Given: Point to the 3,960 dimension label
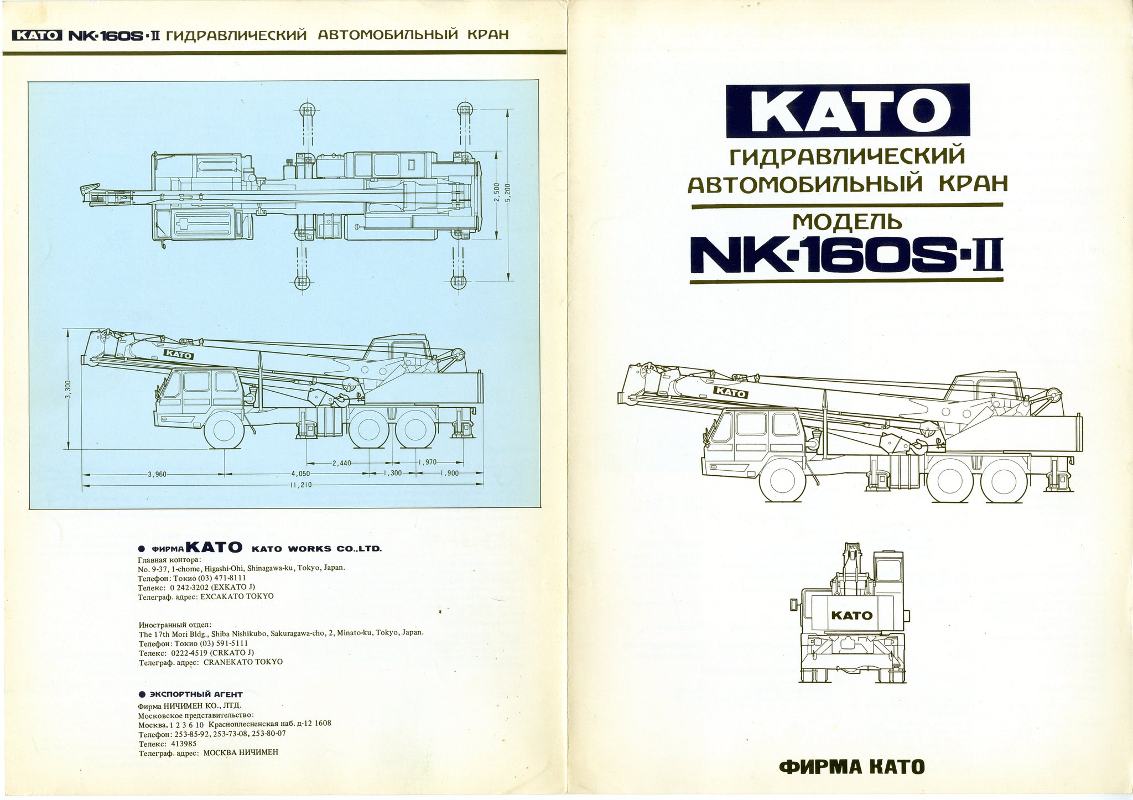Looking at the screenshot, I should (158, 474).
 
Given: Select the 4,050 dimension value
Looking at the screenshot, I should (300, 474).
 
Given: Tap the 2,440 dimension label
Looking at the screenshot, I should (341, 463).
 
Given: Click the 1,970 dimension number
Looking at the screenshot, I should (427, 462).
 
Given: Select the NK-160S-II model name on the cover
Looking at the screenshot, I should (846, 256).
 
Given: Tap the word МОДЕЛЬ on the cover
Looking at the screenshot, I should (847, 222).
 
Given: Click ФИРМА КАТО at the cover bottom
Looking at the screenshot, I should (851, 767).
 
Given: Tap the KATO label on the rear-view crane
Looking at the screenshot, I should (851, 615).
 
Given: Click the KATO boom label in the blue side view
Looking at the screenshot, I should (178, 355).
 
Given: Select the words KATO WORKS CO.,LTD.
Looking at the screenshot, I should (316, 549).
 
